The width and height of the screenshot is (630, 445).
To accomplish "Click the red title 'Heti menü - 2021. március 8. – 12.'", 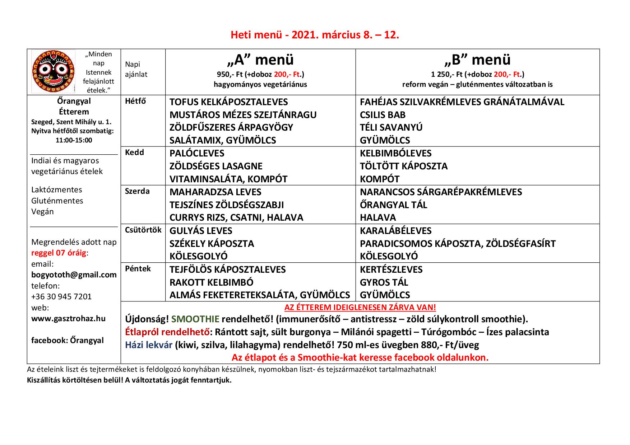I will coord(315,35).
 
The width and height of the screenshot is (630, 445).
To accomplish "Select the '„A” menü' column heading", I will coord(260,60).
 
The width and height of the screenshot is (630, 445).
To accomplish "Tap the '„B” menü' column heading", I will coord(477,60).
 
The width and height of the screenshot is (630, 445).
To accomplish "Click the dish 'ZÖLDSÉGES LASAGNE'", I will coord(216,166).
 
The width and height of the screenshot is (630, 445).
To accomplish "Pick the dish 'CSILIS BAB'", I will coord(383,115).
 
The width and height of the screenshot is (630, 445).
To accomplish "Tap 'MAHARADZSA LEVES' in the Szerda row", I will coord(215,192).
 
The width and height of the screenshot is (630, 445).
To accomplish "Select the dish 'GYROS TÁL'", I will coord(384,282).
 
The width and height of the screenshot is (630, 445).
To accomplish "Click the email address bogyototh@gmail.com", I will coord(74,275).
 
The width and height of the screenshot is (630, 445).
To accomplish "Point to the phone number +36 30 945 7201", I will coord(61,297).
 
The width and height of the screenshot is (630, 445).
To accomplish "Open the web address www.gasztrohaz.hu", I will coord(69,318).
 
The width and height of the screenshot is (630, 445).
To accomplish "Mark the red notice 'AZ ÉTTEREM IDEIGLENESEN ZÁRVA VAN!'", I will coord(360,308).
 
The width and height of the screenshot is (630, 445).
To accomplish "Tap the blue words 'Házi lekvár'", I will coord(149,345).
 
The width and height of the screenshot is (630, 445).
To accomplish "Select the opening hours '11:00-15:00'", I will coord(74,140).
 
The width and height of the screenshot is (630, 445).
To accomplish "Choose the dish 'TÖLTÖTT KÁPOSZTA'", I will coord(404,166).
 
